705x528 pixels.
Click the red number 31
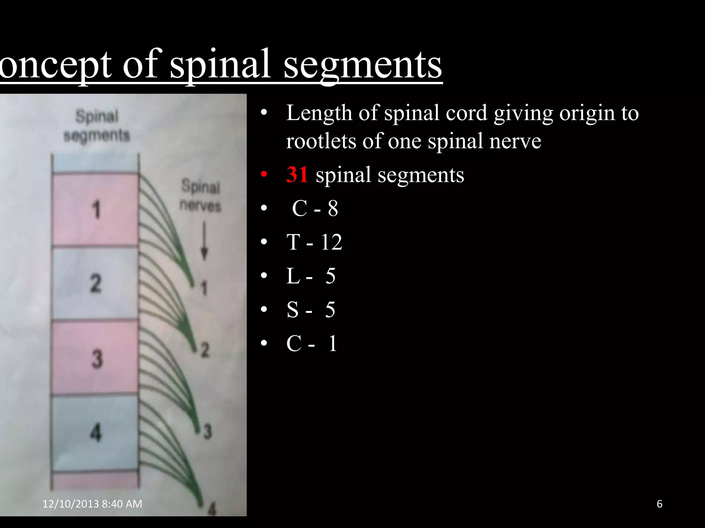pos(297,175)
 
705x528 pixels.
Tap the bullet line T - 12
pos(314,242)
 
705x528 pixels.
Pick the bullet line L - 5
pos(311,276)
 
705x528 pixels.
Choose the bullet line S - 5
pos(311,309)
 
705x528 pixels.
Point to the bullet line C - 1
pos(312,343)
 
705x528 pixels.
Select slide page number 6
pos(660,504)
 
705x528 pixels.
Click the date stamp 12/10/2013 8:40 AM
pos(92,504)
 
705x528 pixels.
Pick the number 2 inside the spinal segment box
pos(96,283)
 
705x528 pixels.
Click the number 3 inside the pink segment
pos(97,359)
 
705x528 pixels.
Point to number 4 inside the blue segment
pos(96,432)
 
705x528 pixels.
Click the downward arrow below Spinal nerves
pos(204,241)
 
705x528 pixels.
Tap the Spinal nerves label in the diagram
pos(200,196)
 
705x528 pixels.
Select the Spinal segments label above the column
pos(97,126)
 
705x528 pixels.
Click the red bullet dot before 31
pos(264,175)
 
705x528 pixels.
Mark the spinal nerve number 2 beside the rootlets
pos(205,350)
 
